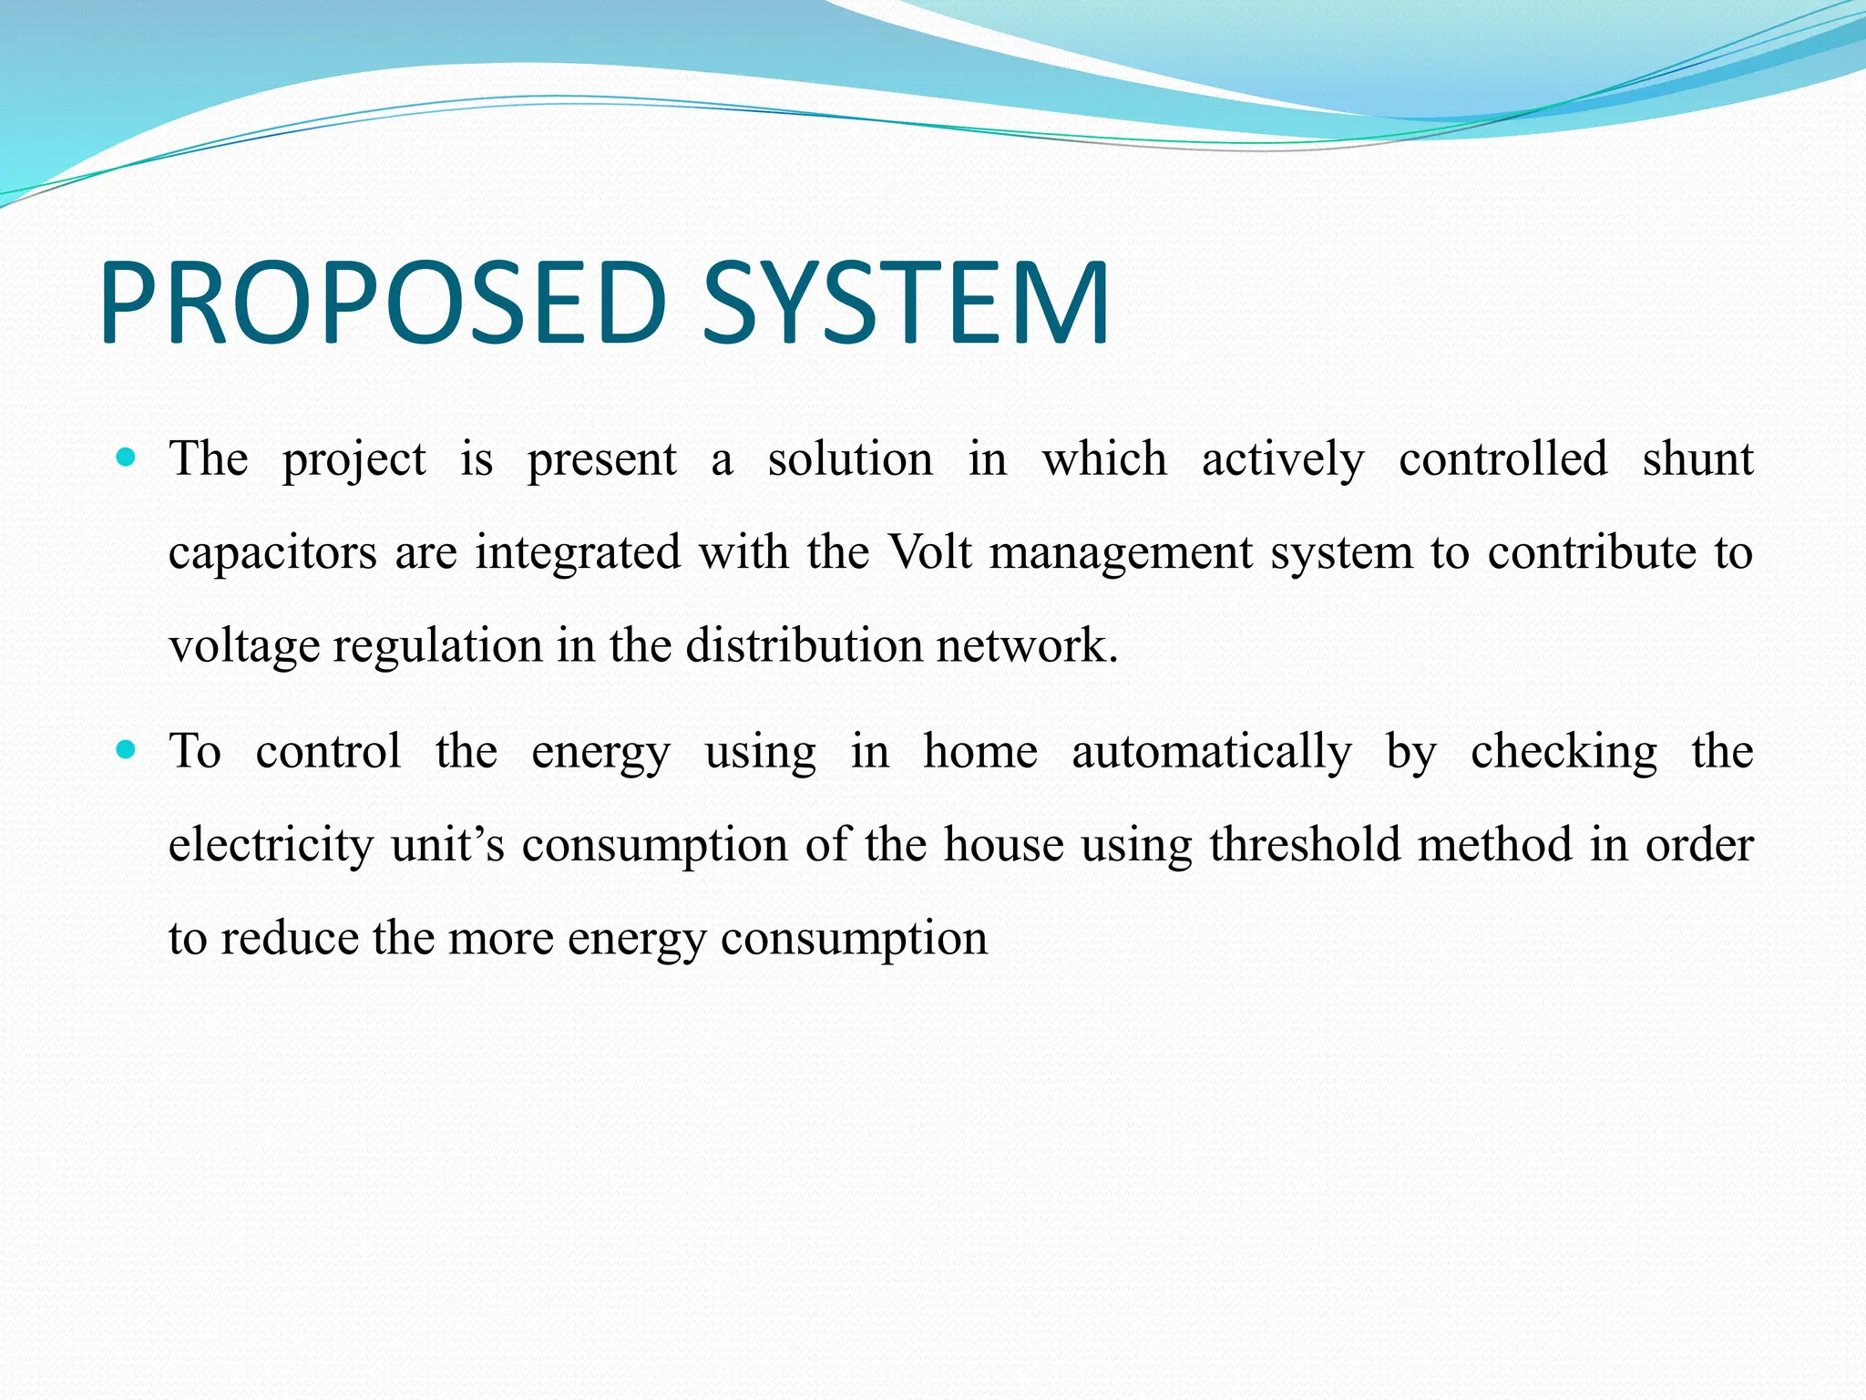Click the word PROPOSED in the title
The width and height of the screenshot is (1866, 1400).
point(383,304)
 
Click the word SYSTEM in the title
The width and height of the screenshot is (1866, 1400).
point(906,304)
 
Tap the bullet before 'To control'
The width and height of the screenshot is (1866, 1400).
point(127,750)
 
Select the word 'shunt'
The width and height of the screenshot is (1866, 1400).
point(1697,458)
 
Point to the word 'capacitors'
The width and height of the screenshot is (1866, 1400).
point(272,553)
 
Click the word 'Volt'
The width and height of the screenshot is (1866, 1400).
point(929,551)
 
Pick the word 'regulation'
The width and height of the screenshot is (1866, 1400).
point(438,646)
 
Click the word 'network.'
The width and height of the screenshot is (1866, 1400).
point(1027,645)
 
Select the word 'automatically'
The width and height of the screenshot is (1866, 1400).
point(1212,753)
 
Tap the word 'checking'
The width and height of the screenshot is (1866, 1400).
point(1564,753)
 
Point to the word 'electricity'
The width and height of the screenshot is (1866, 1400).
point(271,845)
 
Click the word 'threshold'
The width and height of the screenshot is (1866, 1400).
point(1304,845)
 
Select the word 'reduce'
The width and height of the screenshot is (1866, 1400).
point(290,938)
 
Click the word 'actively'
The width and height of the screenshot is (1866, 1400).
point(1283,458)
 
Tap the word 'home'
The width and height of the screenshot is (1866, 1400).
point(980,752)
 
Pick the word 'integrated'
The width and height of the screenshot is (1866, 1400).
point(578,553)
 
